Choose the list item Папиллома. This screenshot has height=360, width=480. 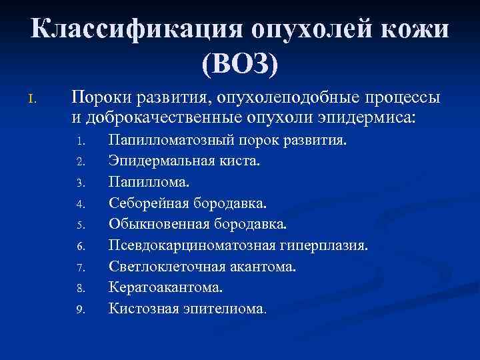(x=149, y=182)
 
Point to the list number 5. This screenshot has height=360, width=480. (x=80, y=225)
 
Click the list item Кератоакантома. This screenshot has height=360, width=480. (x=166, y=287)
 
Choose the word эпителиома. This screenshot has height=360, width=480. (x=225, y=309)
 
